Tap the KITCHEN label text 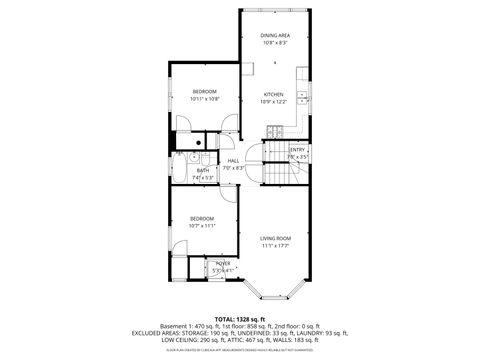273,94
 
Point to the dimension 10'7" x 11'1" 203,226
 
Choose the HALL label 233,160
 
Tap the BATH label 203,170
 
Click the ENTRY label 297,150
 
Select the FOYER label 222,263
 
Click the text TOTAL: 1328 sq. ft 239,318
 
